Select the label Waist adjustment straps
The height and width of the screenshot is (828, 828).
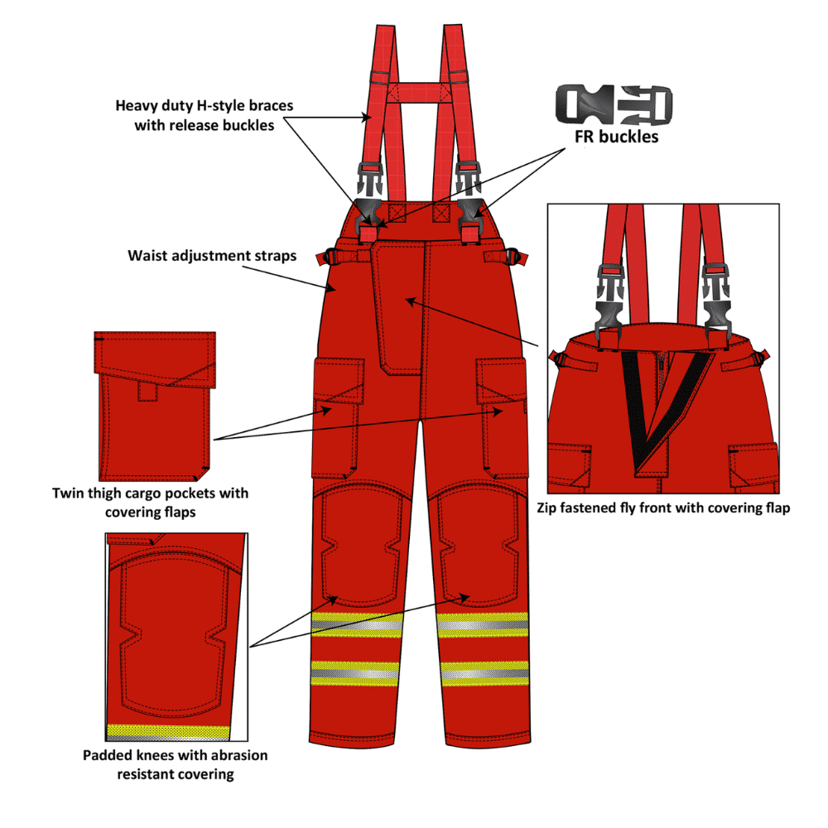pos(212,255)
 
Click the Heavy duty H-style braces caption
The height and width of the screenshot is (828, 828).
pos(204,116)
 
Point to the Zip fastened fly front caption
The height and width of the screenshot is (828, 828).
pos(662,508)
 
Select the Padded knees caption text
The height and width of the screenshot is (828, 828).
pos(176,764)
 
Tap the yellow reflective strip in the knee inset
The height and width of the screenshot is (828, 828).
pos(169,732)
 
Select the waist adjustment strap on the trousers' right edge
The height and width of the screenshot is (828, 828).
pos(507,257)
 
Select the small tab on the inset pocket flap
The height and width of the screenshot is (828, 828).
pos(148,391)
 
